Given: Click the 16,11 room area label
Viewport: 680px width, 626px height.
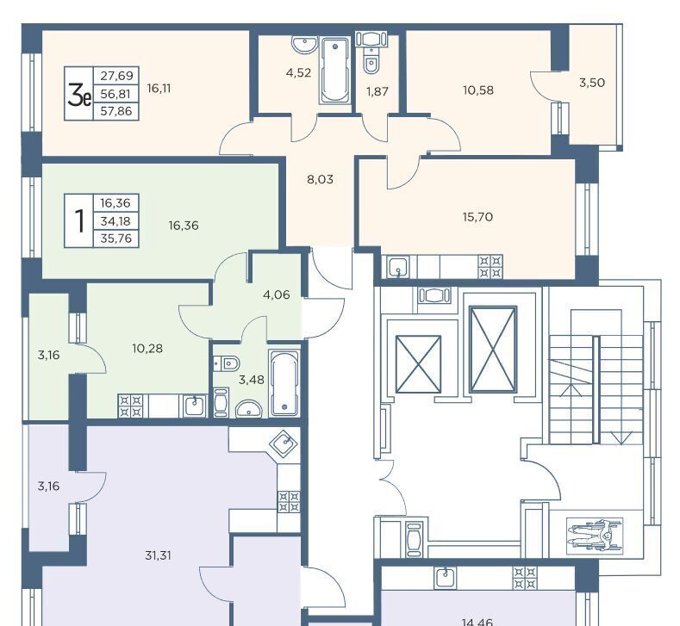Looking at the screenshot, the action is [159, 89].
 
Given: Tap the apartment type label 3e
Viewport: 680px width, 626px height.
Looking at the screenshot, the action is [79, 95].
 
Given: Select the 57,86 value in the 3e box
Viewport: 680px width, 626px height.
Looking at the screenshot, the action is [115, 111].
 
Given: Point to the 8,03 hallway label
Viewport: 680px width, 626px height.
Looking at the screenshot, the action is [320, 179].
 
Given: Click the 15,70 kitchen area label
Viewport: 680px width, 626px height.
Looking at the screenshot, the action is [477, 217].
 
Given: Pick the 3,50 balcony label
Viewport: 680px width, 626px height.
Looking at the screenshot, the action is [592, 83].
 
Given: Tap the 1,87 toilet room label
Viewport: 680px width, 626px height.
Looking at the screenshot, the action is [377, 91].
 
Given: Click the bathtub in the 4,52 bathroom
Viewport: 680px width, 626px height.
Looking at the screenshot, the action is [334, 71].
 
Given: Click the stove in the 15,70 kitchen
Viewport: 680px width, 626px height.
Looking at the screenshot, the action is [490, 267].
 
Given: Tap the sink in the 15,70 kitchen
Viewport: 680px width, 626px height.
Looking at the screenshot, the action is [398, 267].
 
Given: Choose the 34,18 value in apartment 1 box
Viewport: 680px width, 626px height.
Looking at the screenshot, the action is [115, 221].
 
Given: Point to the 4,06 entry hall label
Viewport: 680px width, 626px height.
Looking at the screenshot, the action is [277, 294].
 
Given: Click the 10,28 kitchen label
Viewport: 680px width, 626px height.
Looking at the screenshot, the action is [147, 349].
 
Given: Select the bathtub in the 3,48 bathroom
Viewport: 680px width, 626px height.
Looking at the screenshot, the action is [284, 383].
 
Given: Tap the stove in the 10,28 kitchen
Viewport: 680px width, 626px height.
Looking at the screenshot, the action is [130, 406].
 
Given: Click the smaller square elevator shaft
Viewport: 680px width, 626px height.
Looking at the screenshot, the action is [418, 364].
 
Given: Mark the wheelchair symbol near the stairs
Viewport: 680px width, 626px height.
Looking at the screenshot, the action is [595, 536].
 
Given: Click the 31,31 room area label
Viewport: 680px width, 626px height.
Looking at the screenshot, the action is [158, 555].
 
